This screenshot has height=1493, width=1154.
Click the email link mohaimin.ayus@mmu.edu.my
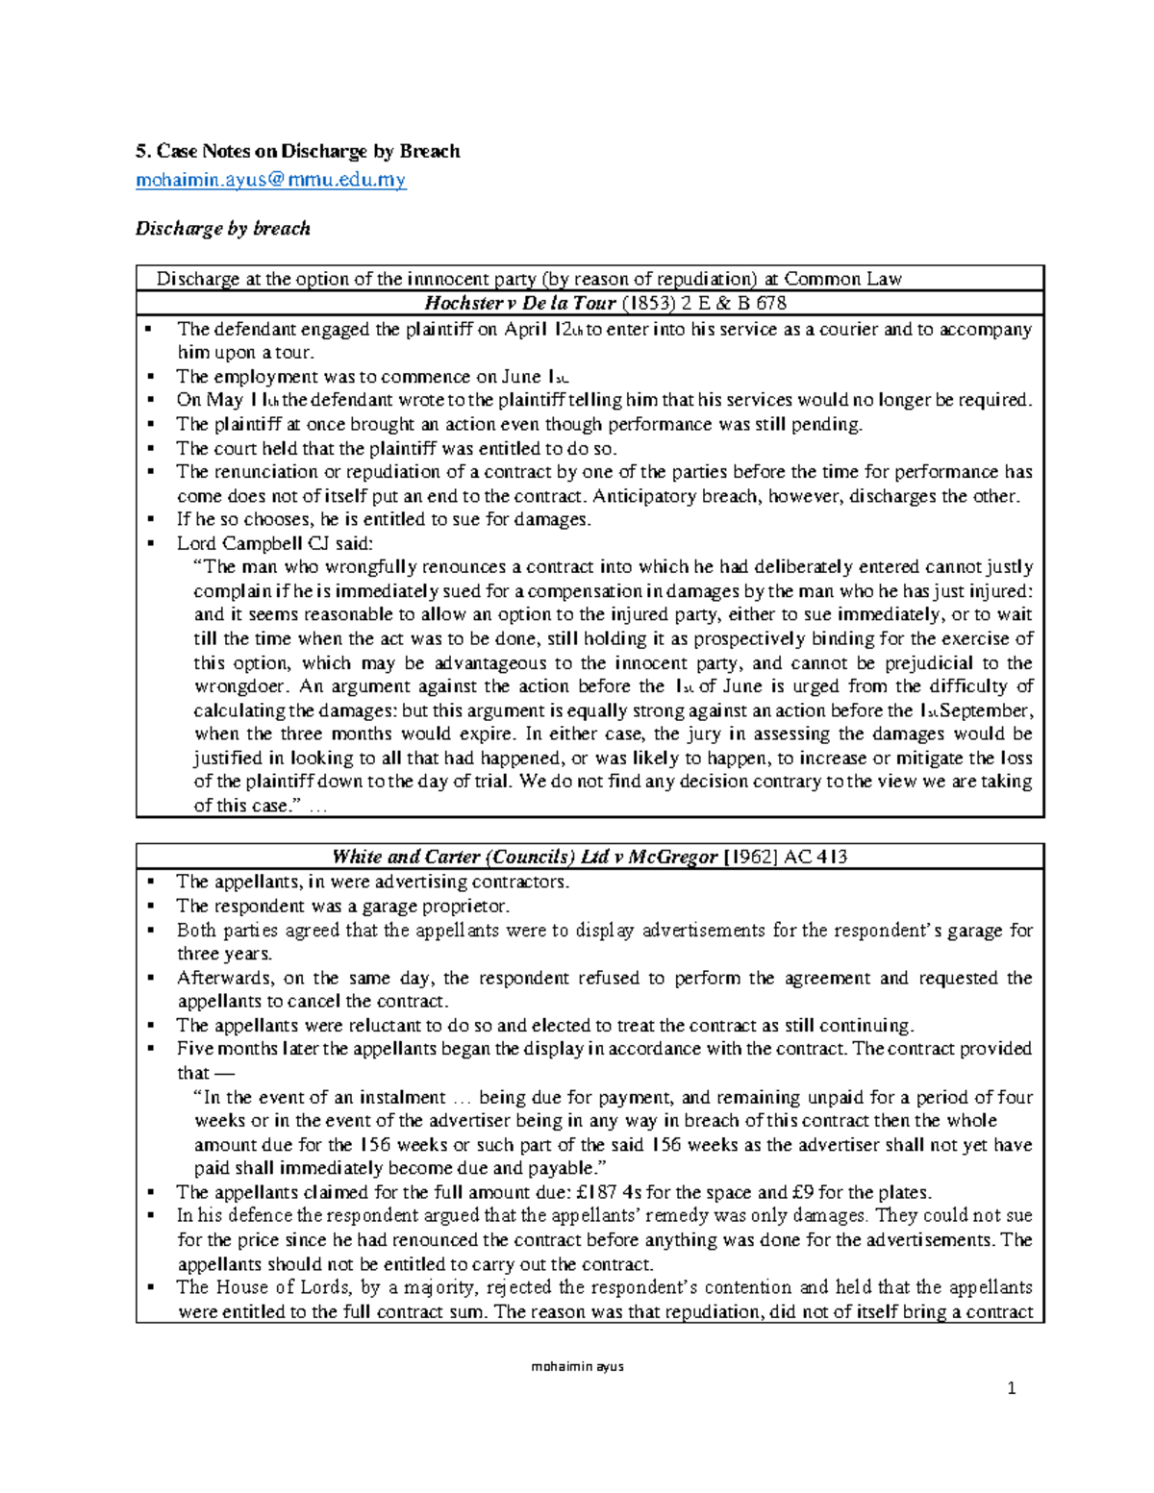point(270,180)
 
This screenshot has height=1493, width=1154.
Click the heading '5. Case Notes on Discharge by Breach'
point(297,151)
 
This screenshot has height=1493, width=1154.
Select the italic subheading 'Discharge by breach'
point(222,229)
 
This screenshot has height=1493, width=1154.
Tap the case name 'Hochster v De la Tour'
point(519,304)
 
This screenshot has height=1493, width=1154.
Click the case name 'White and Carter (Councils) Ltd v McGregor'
point(524,857)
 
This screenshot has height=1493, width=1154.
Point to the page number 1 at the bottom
point(1011,1387)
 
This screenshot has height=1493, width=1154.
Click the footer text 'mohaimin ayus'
point(577,1366)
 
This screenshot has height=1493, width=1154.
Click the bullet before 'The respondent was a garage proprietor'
point(149,906)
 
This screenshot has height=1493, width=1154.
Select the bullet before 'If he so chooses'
point(149,519)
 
